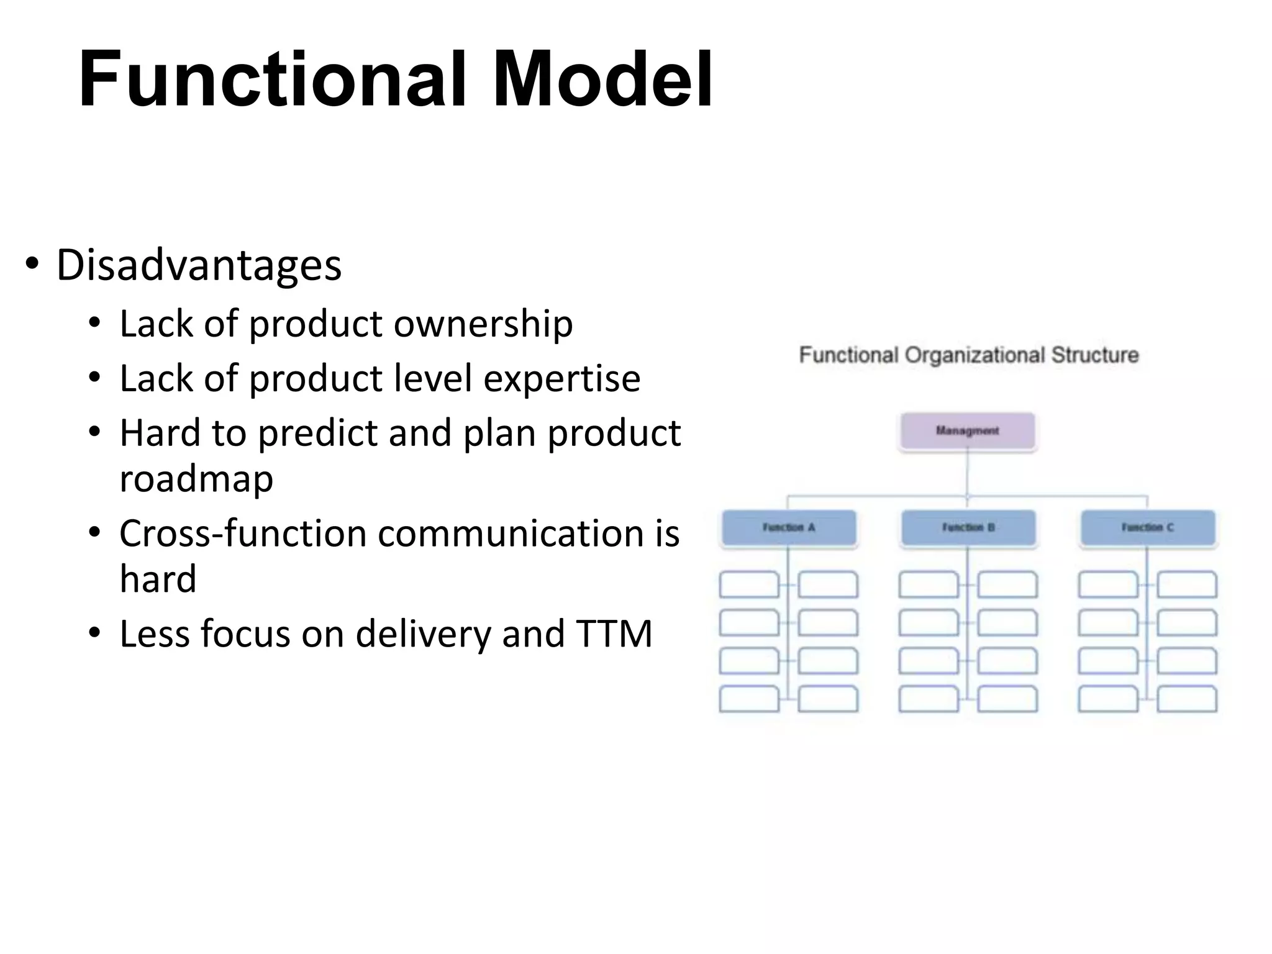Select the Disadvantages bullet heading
tap(199, 265)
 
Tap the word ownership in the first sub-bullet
tap(483, 324)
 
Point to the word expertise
tap(561, 379)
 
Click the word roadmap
tap(196, 479)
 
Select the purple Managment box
tap(967, 430)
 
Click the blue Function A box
tap(788, 528)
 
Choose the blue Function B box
tap(968, 528)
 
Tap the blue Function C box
tap(1147, 528)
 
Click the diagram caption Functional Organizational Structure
tap(968, 355)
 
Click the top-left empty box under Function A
tap(749, 584)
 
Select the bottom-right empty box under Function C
tap(1186, 699)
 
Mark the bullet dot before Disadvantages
tap(32, 265)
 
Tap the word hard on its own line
tap(158, 579)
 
